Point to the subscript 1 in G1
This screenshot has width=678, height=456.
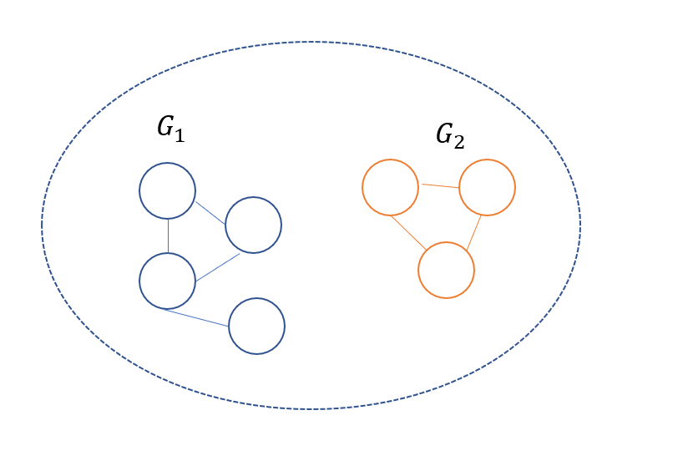point(179,133)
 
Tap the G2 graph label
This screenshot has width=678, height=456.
point(450,135)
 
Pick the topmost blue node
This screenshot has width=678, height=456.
point(167,190)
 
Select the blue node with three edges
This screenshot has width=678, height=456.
point(167,281)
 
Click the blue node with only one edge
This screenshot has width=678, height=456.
point(257,326)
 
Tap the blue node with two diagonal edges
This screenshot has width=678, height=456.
point(254,225)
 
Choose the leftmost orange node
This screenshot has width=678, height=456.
point(390,187)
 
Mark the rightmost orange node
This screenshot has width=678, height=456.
point(487,187)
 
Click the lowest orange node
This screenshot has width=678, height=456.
point(446,270)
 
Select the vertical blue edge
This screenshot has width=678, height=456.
point(168,236)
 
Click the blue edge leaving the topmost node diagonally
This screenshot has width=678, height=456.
point(210,212)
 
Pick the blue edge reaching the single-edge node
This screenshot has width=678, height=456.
point(198,317)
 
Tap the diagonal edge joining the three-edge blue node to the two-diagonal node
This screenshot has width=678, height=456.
point(217,266)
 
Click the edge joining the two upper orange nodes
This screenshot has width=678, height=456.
point(439,185)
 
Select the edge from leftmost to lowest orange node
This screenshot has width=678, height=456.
point(409,231)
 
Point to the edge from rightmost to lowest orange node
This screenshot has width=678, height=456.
point(473,232)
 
